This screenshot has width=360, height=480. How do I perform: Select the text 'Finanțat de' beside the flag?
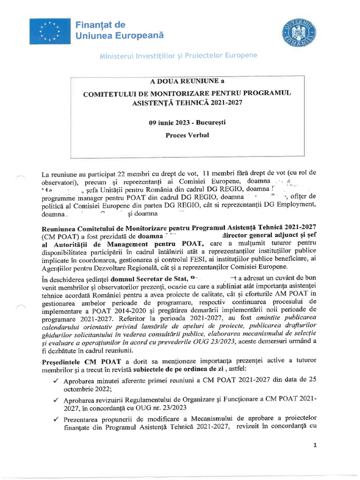[99, 24]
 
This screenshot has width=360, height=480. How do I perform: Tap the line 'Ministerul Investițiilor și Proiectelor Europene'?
[178, 56]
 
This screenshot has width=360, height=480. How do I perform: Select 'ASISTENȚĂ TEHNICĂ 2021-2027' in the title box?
[187, 102]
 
